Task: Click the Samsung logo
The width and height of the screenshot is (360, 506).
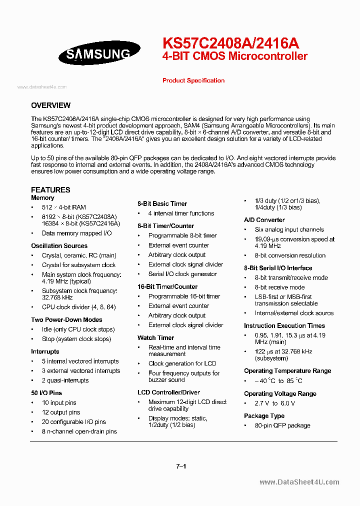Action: point(98,53)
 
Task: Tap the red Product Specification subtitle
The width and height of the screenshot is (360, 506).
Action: point(193,80)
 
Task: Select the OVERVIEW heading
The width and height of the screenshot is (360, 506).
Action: point(50,105)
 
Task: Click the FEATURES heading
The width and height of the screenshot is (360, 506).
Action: point(50,189)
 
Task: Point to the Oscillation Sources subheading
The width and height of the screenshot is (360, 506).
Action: point(59,246)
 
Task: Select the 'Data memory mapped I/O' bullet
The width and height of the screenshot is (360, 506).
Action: point(76,233)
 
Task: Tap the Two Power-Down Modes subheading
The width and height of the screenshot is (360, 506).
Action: point(66,320)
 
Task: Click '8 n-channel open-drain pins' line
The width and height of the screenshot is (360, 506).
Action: point(79,431)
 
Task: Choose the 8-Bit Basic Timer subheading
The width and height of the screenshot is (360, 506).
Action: point(162,204)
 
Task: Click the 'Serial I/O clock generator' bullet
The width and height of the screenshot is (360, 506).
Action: point(182,274)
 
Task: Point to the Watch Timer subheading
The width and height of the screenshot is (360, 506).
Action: point(155,338)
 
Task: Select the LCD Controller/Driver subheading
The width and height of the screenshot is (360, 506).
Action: point(168,392)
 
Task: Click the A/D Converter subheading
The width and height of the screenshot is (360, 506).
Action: point(264,220)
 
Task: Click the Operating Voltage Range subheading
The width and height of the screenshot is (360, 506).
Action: point(280,394)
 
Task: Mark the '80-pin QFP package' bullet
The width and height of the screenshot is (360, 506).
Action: point(282,425)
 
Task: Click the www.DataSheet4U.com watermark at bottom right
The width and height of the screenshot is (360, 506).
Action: point(299,482)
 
